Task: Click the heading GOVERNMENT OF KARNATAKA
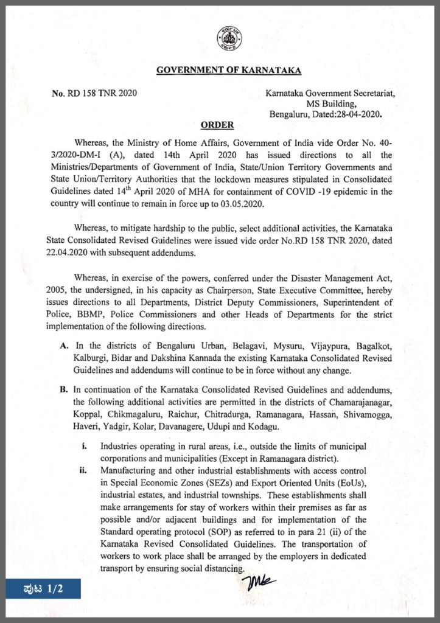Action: click(229, 71)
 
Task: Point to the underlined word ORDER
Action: click(217, 125)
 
